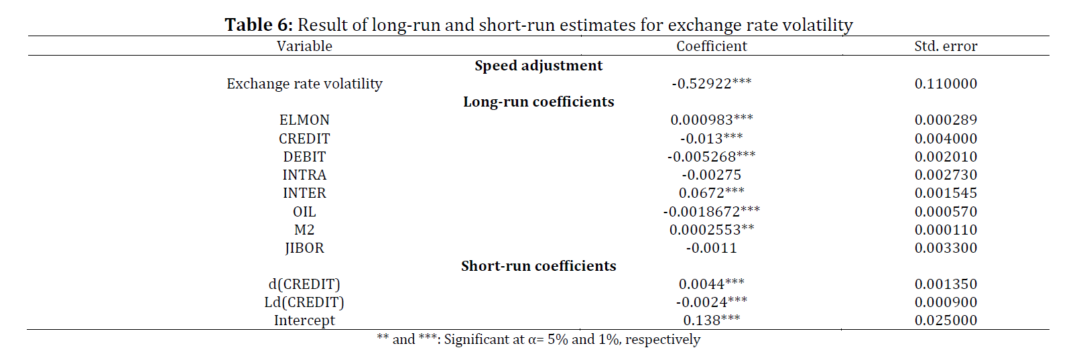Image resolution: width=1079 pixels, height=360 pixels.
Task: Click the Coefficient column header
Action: click(712, 46)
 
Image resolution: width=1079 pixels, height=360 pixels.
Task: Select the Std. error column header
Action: click(946, 46)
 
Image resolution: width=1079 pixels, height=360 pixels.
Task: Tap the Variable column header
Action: click(304, 46)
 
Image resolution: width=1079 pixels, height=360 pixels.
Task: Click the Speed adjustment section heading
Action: click(539, 66)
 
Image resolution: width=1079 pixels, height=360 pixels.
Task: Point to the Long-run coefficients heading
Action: click(539, 102)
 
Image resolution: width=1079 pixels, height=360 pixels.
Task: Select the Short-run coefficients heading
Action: click(539, 266)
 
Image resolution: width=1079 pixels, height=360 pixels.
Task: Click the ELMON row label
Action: click(304, 120)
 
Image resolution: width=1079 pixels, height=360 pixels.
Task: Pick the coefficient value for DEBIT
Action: click(712, 157)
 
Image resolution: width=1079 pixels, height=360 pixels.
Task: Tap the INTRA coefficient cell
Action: click(712, 175)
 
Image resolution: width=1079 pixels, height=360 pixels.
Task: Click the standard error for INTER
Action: click(946, 193)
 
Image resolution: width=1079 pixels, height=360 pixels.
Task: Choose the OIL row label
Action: click(304, 212)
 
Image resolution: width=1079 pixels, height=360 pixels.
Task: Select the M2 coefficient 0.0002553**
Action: click(712, 230)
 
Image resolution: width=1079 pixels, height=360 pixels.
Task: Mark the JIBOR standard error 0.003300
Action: click(946, 248)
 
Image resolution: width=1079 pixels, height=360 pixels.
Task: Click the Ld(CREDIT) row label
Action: click(304, 302)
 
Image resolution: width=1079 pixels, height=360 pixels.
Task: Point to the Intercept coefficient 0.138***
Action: click(712, 320)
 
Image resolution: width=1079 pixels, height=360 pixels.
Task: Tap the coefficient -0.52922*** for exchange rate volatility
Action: click(712, 84)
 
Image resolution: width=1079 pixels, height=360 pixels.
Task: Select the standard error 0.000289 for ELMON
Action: click(946, 120)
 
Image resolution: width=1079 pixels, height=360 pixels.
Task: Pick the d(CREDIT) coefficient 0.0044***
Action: click(712, 284)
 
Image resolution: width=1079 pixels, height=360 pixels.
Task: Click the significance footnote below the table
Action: click(539, 340)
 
